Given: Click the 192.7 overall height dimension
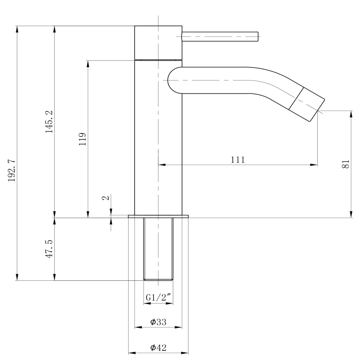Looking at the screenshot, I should [x=11, y=170].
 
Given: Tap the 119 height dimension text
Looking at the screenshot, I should [x=83, y=139].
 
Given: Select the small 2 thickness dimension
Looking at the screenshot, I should [x=107, y=198].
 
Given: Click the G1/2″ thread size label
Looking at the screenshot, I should [x=158, y=297].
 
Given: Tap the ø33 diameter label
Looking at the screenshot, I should [x=158, y=322].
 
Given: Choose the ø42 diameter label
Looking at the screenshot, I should [x=158, y=348].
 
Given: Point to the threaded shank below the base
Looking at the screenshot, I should [x=158, y=249].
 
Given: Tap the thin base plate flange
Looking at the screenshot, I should [x=158, y=216].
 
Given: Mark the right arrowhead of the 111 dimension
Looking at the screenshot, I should [x=315, y=165].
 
